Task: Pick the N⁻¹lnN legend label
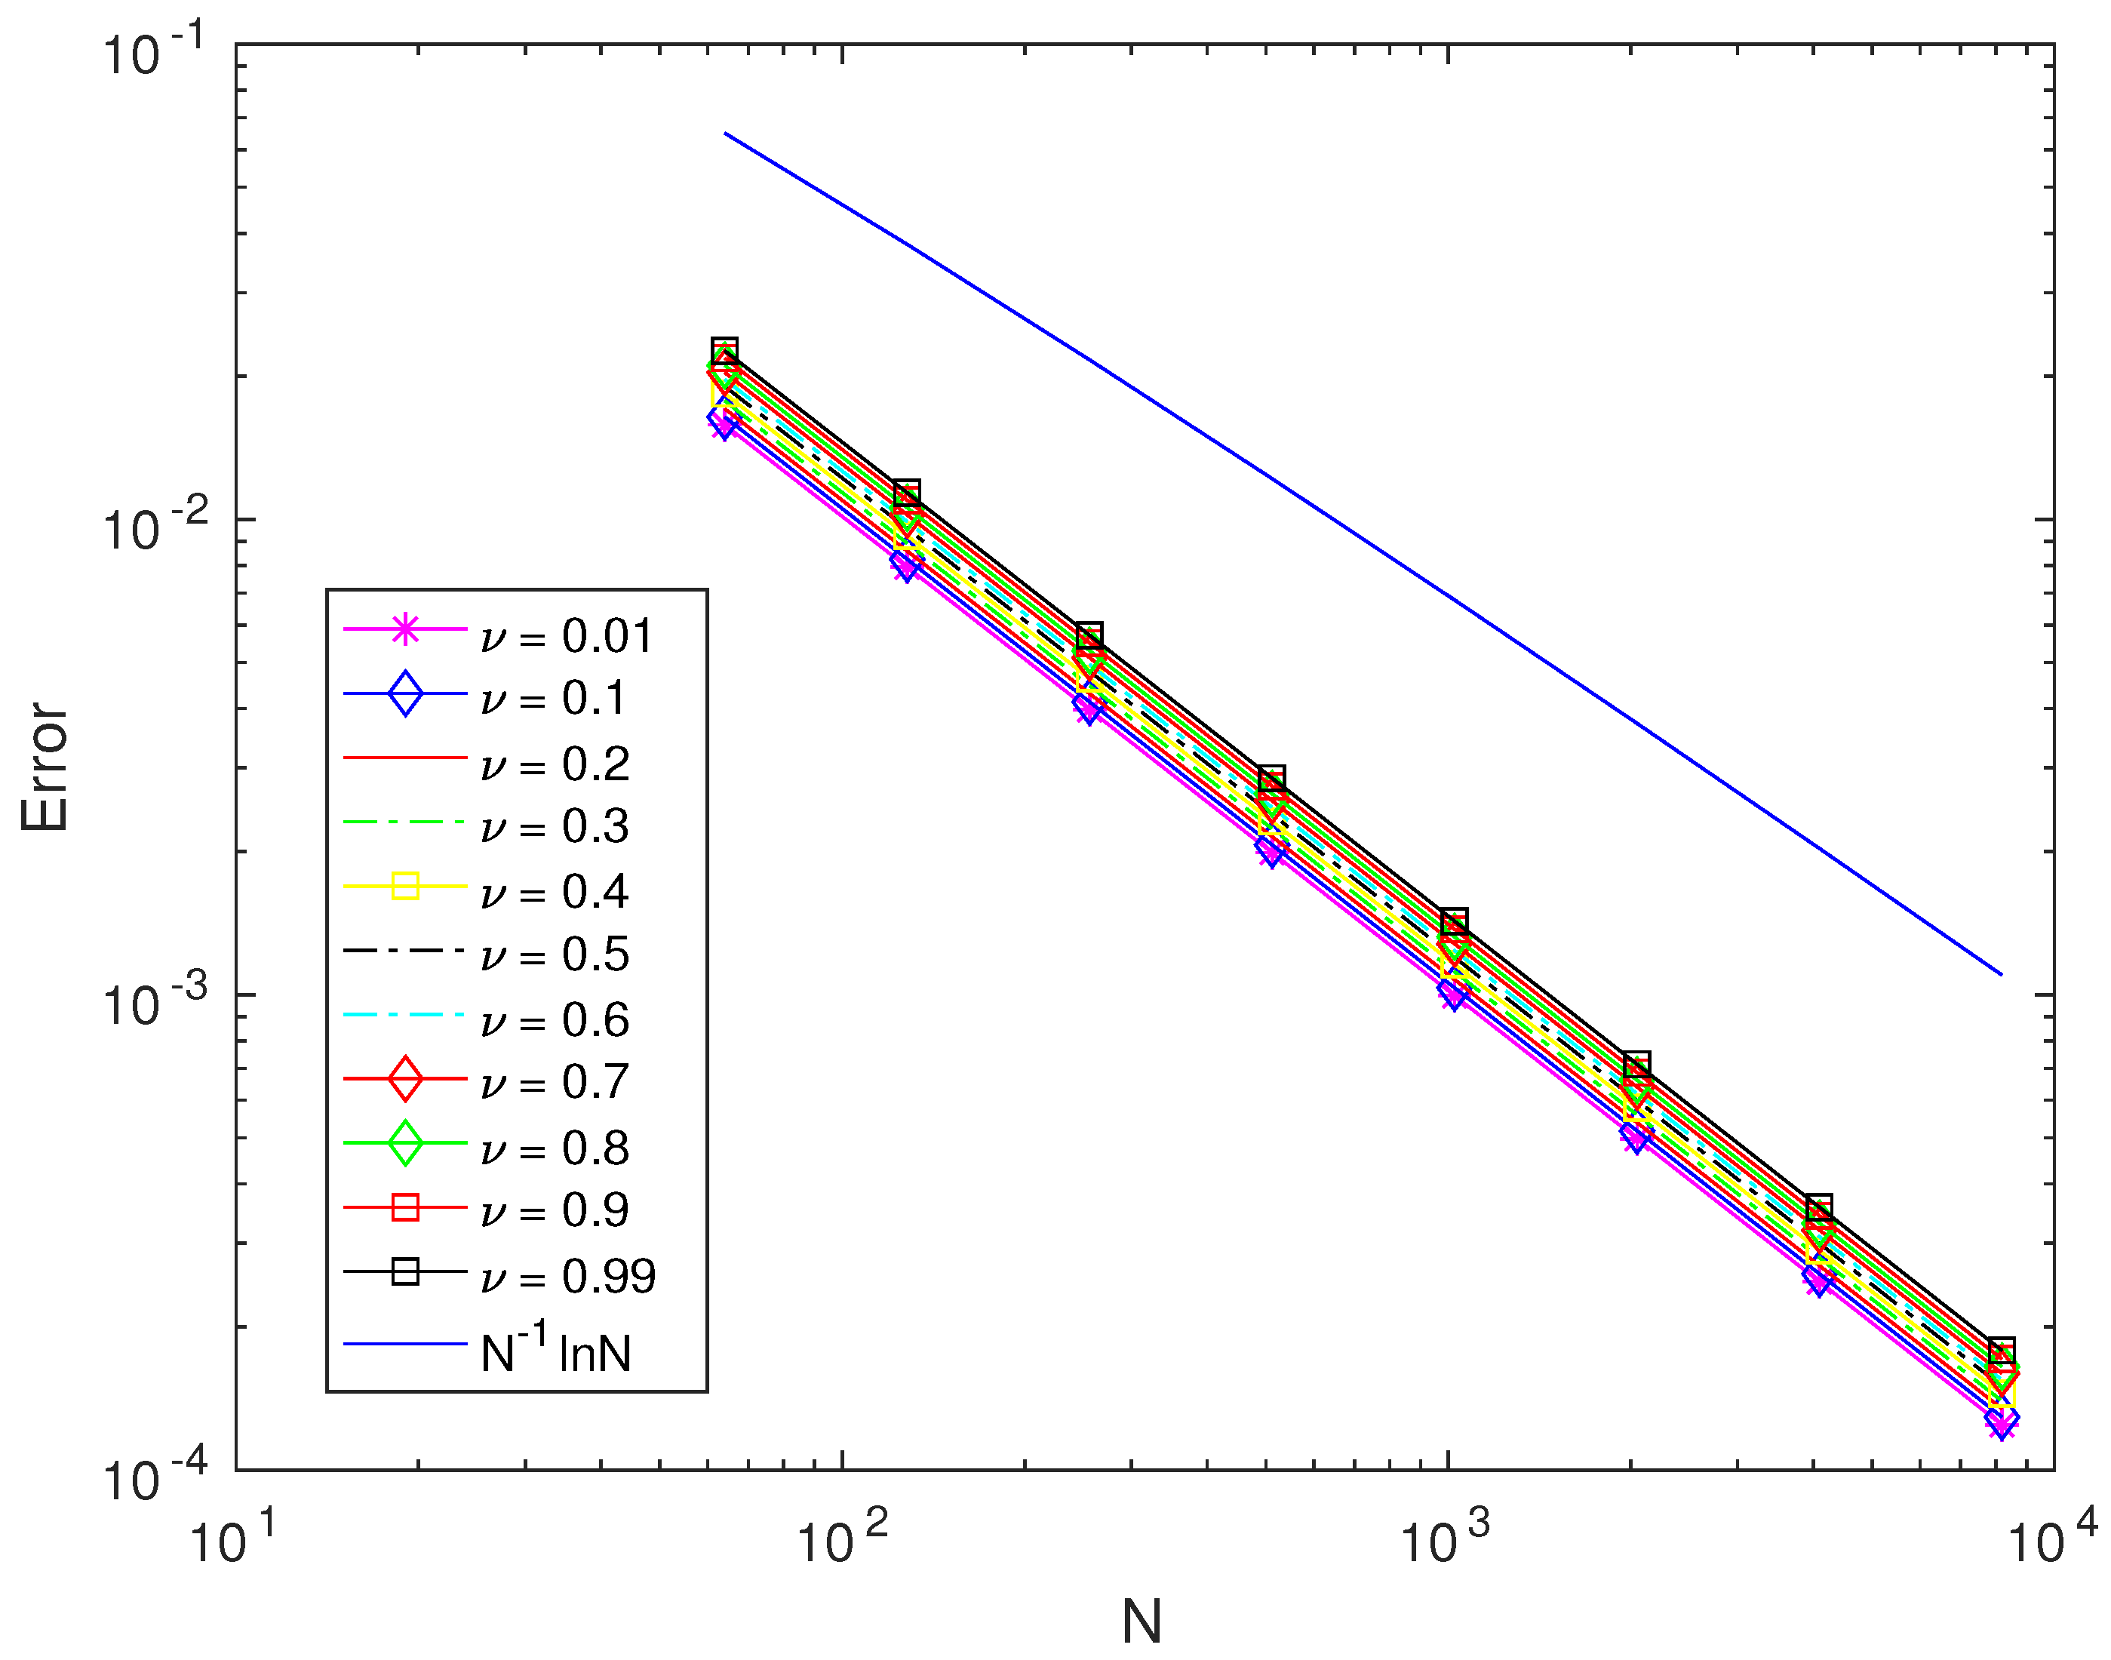tap(555, 1350)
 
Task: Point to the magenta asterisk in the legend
tap(405, 630)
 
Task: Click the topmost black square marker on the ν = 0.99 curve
tap(724, 351)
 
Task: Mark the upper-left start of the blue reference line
tap(725, 133)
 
